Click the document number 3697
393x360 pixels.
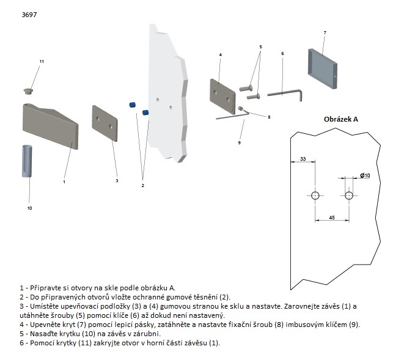click(x=29, y=13)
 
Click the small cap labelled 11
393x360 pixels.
click(x=28, y=91)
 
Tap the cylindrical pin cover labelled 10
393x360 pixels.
click(x=28, y=161)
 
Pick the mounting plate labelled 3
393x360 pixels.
click(x=105, y=122)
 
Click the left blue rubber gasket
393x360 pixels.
click(x=131, y=105)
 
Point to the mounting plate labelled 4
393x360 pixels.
click(x=222, y=96)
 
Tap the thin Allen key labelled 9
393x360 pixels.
click(x=230, y=117)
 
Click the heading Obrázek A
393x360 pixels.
click(x=340, y=119)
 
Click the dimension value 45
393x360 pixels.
click(x=331, y=216)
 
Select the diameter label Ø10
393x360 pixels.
click(x=365, y=175)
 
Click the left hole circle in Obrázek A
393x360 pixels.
click(x=315, y=196)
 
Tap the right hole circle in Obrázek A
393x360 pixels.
click(x=348, y=196)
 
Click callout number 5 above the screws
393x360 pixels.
click(x=260, y=47)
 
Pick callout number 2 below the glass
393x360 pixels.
click(x=142, y=185)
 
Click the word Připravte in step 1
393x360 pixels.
click(x=45, y=287)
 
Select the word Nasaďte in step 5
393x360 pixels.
click(x=43, y=334)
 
